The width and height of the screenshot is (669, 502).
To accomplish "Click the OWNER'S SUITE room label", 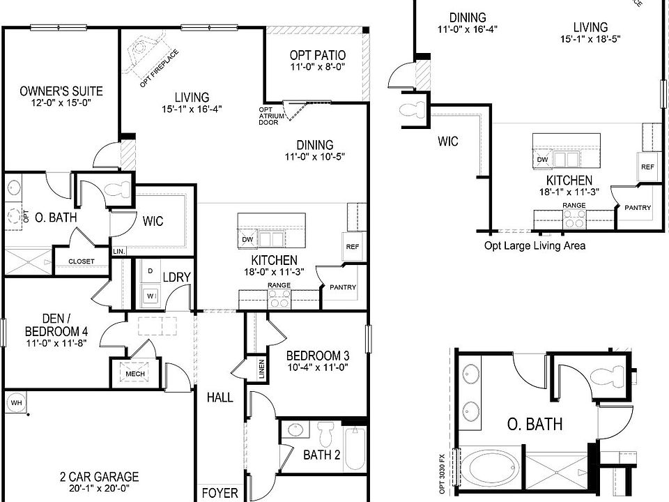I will (x=61, y=91).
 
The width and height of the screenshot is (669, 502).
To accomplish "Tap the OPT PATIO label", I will (x=318, y=55).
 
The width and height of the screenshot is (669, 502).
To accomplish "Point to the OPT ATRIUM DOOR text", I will (x=268, y=116).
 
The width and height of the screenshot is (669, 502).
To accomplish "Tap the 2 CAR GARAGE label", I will (x=98, y=477).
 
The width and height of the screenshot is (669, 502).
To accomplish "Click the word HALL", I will (x=220, y=397).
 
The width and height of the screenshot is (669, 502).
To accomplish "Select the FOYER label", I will (x=220, y=494).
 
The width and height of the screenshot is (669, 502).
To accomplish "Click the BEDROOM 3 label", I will (x=317, y=356).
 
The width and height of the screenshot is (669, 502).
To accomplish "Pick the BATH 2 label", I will (x=321, y=455).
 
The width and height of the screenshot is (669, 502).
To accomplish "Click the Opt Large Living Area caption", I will (x=535, y=245).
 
